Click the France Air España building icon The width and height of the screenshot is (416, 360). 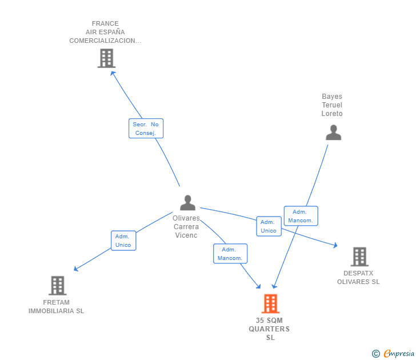click(106, 58)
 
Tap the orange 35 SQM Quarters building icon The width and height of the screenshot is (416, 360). click(270, 303)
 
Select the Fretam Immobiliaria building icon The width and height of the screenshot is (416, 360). click(57, 285)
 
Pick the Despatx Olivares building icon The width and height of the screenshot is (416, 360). click(359, 257)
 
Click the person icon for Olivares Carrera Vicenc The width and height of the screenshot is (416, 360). click(187, 203)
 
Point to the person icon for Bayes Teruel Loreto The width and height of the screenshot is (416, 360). click(333, 132)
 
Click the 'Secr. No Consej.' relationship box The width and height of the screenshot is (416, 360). click(146, 129)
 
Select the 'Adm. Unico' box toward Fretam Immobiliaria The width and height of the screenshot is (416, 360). click(123, 241)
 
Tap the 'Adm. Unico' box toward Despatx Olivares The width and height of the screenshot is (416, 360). click(269, 226)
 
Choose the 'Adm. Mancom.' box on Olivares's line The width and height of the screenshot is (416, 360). click(230, 254)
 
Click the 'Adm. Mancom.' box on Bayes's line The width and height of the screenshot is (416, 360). click(301, 216)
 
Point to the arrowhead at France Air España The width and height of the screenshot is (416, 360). click(113, 73)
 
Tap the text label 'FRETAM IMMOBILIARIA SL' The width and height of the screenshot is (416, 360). click(56, 307)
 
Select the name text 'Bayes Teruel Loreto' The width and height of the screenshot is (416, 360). click(332, 105)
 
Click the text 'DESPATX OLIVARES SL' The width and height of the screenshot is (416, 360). click(358, 277)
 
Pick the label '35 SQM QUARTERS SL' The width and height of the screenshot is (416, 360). click(270, 329)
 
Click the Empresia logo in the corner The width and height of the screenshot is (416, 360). click(398, 354)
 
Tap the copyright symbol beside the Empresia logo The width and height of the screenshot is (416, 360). click(375, 354)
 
